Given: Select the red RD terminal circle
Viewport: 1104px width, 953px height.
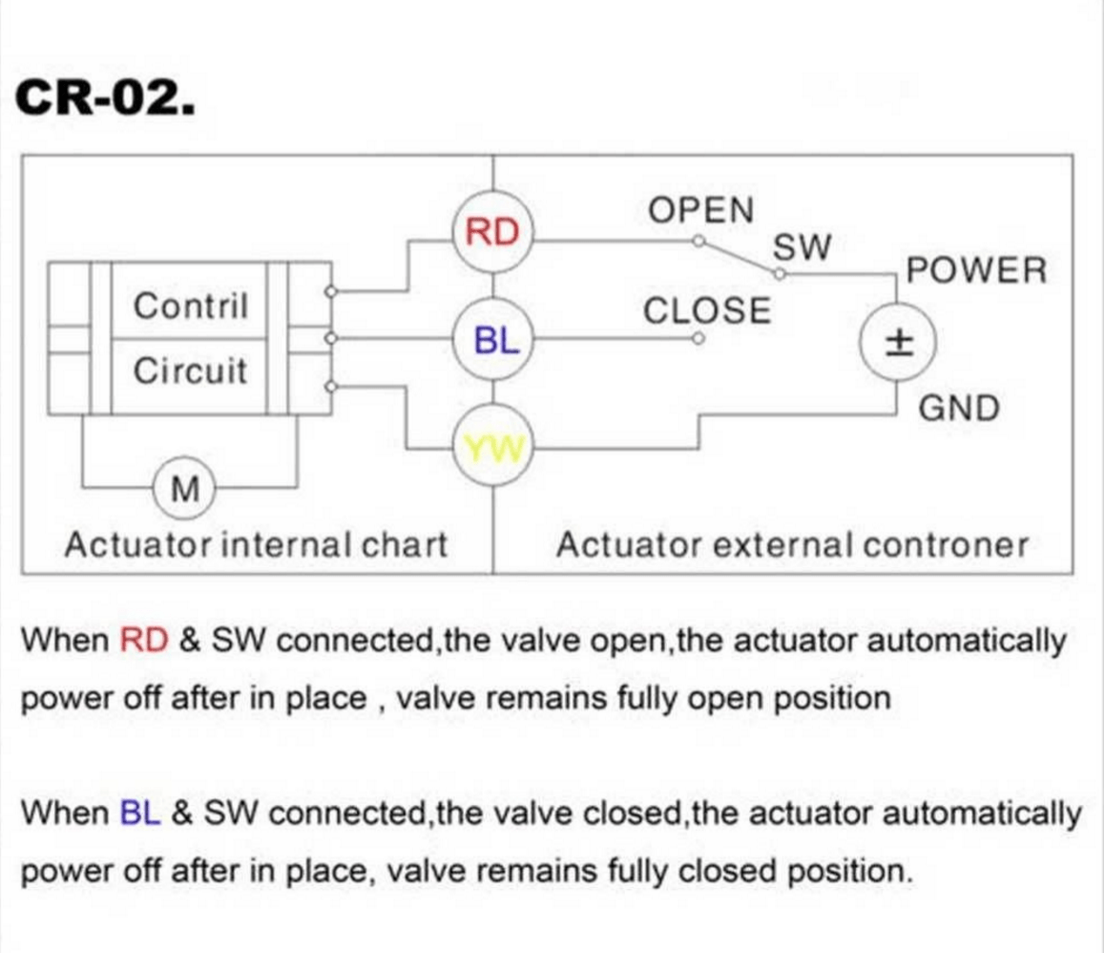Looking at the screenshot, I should [x=492, y=232].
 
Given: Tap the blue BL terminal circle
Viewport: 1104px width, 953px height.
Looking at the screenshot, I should [x=492, y=339].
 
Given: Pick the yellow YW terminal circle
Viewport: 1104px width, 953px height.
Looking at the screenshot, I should [x=492, y=446].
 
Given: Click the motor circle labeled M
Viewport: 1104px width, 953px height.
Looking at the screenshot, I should [x=184, y=491].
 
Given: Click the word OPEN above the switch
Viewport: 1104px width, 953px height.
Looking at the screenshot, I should [x=700, y=210].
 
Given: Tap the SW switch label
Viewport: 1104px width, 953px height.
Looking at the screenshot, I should [x=802, y=248].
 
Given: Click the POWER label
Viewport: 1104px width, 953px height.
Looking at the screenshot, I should [x=976, y=270].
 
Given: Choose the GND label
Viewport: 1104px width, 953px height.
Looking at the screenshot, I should [x=958, y=409].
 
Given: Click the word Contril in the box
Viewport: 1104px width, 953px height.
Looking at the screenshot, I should [x=190, y=307].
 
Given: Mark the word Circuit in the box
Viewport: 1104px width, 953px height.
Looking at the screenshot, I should [x=190, y=371].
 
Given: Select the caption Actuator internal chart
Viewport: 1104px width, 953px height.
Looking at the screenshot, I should [x=255, y=545].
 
